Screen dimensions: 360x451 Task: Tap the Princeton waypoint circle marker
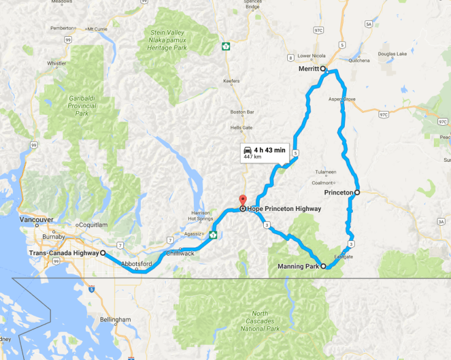(x=357, y=192)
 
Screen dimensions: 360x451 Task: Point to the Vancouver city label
(x=37, y=219)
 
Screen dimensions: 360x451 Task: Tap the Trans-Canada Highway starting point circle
(x=102, y=253)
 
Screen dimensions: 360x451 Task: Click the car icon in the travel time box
(x=247, y=150)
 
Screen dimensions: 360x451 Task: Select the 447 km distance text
(x=252, y=157)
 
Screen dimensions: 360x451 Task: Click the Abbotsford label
(x=134, y=264)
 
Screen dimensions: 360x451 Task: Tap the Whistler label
(x=56, y=63)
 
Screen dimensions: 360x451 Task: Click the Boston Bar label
(x=241, y=112)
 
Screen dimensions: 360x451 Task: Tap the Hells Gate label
(x=241, y=127)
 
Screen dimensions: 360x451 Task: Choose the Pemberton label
(x=64, y=28)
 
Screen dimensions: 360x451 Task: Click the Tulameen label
(x=325, y=172)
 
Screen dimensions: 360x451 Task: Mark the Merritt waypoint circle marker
(x=323, y=69)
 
